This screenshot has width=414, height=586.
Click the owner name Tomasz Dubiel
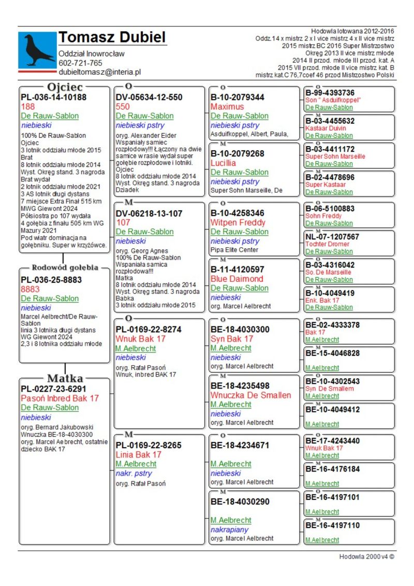click(112, 37)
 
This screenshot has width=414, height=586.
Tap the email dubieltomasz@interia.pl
click(100, 73)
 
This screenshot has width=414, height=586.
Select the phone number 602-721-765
click(80, 63)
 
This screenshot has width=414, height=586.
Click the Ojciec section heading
click(65, 87)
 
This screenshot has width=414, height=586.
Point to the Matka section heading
click(65, 378)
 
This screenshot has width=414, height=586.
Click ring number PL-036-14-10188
click(53, 97)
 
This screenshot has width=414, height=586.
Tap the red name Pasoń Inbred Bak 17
click(60, 398)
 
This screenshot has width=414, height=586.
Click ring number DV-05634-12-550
click(149, 97)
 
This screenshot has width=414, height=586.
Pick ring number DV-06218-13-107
click(149, 213)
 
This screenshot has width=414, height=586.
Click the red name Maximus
click(227, 107)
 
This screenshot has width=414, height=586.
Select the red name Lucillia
click(224, 163)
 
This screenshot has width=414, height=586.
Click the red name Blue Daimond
click(237, 279)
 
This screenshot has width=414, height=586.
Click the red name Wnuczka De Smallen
click(250, 395)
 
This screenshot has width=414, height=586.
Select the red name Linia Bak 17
click(139, 455)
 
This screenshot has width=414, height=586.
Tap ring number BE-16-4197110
click(332, 525)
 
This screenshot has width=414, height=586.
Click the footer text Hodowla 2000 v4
click(366, 556)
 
